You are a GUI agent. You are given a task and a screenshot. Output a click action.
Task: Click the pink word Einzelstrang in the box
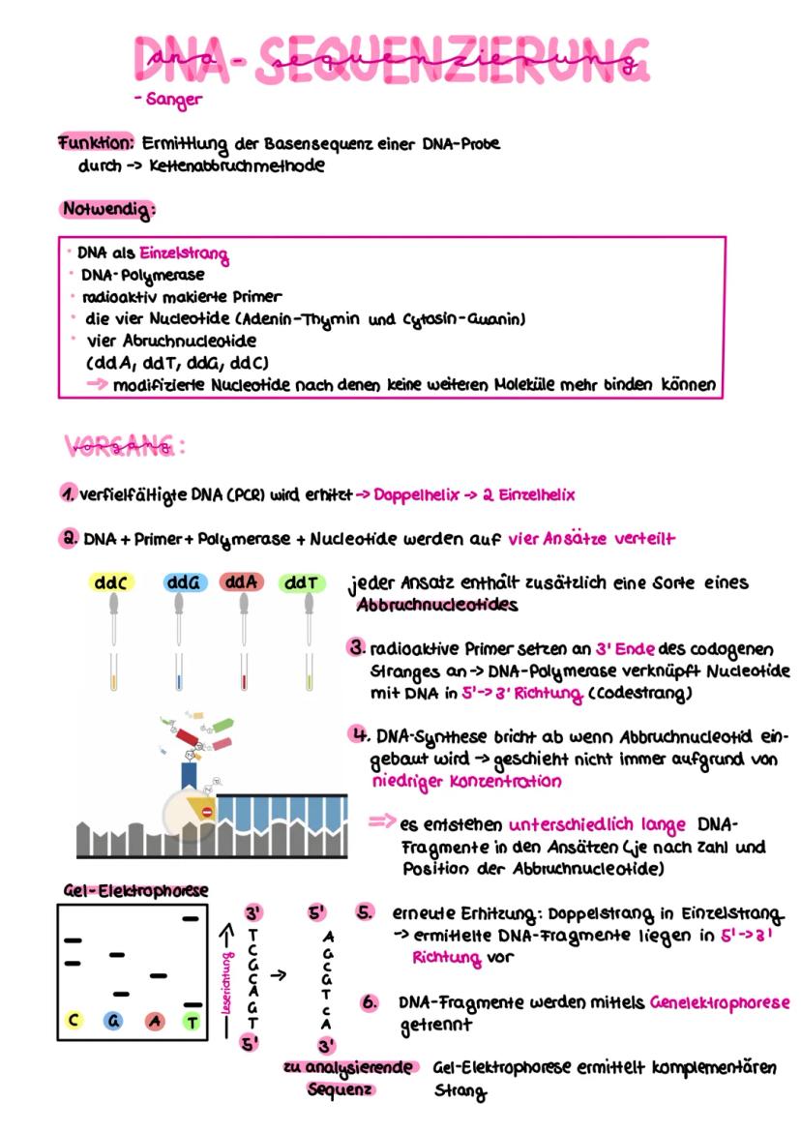click(183, 256)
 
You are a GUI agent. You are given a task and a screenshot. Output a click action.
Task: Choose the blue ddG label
click(181, 583)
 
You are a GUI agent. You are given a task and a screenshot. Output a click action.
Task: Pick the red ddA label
click(240, 582)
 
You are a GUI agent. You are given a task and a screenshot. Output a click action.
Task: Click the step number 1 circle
click(68, 493)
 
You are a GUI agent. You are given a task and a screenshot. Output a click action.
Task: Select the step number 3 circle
click(357, 645)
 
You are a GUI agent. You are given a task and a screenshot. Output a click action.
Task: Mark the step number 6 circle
click(370, 1003)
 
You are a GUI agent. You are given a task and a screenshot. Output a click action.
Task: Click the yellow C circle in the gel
click(74, 1020)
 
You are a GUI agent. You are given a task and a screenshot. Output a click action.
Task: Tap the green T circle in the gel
click(193, 1020)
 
